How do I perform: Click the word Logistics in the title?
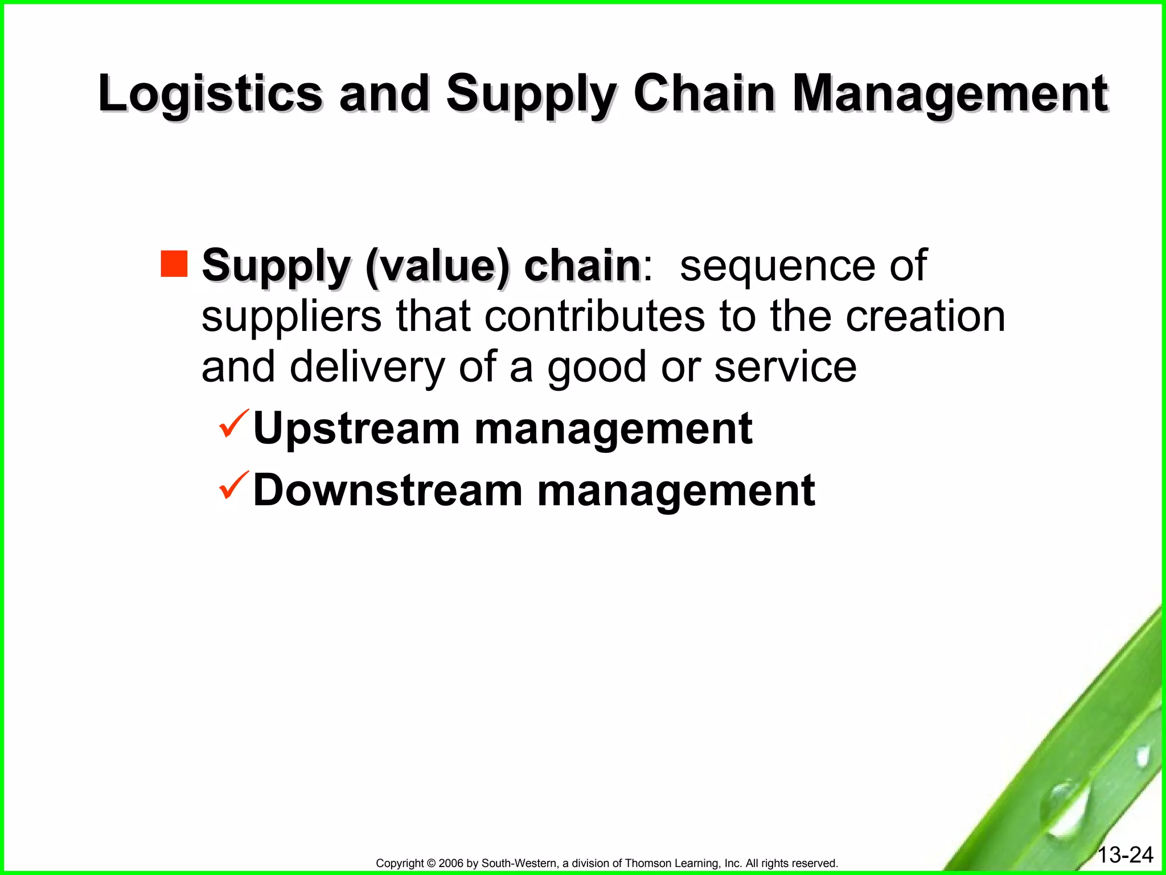click(x=210, y=94)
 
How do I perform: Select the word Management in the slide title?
click(x=950, y=94)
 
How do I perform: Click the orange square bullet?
click(x=174, y=264)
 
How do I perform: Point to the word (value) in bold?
click(x=437, y=266)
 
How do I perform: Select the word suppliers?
click(x=291, y=317)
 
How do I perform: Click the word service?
click(x=785, y=367)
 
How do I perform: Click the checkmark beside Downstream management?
click(x=233, y=485)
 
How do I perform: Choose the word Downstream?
click(x=388, y=490)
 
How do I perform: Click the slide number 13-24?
click(x=1125, y=855)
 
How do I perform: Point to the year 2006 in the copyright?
click(x=451, y=864)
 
